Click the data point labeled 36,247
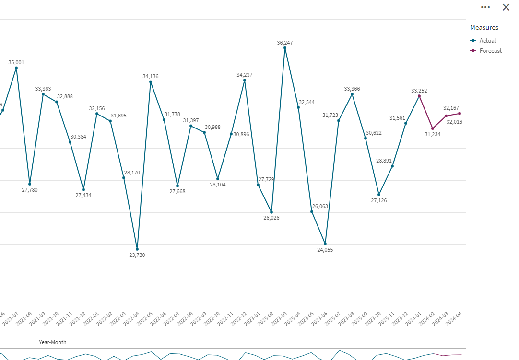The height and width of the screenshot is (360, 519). (285, 48)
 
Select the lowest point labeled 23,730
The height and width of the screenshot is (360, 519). (137, 249)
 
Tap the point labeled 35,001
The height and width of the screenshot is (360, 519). (16, 68)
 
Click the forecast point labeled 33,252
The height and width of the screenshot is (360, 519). (419, 96)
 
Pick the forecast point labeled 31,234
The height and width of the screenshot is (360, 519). (433, 128)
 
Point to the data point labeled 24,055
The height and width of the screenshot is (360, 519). (325, 244)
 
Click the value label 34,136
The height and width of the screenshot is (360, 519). (151, 76)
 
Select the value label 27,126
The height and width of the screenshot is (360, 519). (379, 200)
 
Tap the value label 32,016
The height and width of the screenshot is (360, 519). (454, 122)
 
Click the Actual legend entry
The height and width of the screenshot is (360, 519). (487, 41)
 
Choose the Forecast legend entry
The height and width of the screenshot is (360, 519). (490, 51)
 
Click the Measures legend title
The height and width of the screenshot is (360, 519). (484, 27)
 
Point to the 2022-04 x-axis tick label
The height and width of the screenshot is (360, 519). (132, 319)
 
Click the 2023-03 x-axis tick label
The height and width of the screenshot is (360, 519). (280, 319)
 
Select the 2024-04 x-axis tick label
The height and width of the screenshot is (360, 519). (454, 319)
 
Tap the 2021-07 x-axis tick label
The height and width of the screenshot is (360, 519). (11, 319)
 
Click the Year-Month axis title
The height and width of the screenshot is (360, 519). (53, 342)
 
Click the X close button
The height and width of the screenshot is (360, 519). (506, 7)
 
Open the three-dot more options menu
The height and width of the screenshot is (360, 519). (485, 7)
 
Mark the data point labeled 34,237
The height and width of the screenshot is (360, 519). (245, 80)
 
